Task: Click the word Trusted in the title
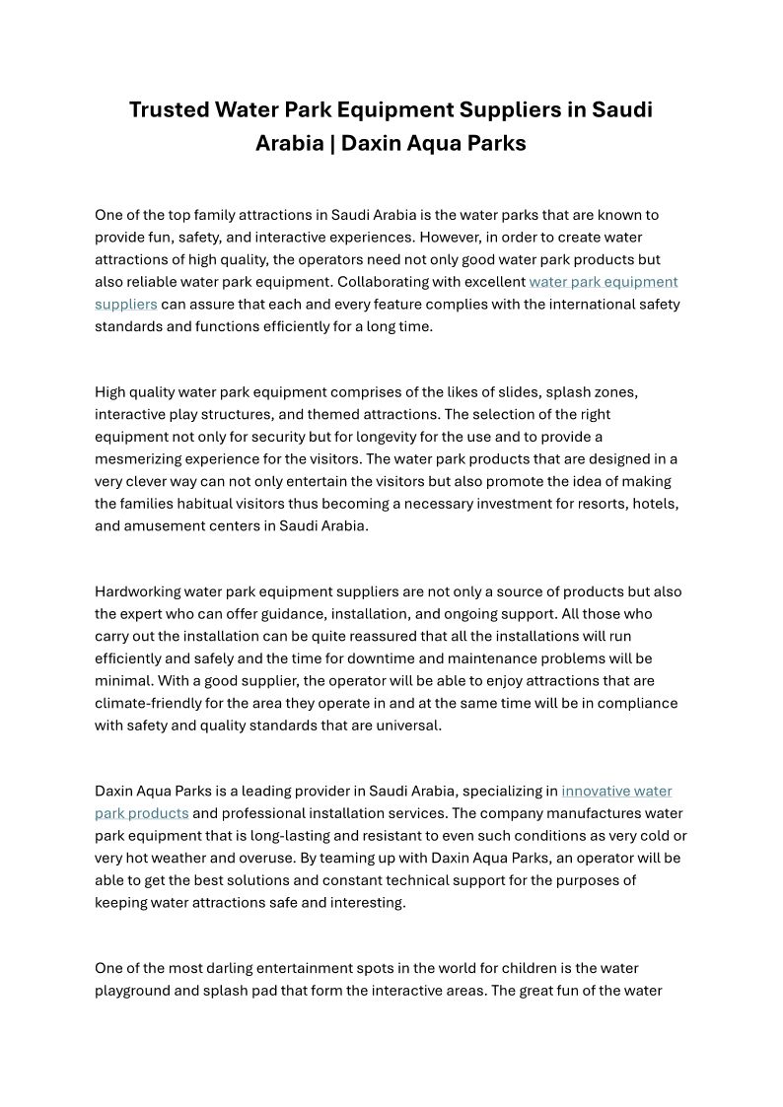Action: [170, 109]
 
